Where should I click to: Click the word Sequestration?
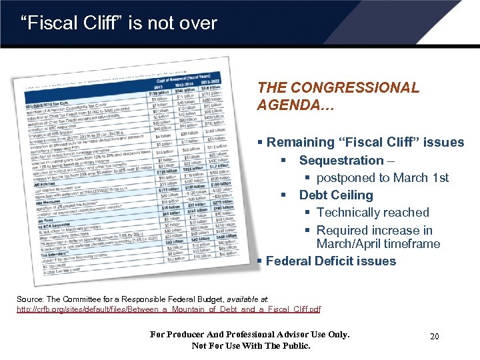(341, 161)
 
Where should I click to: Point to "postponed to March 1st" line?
(382, 178)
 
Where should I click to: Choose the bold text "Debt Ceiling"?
(335, 195)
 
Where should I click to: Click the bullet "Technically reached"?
(373, 213)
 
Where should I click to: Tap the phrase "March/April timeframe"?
(378, 244)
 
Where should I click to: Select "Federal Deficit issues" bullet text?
(331, 261)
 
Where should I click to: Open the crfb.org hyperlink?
(168, 309)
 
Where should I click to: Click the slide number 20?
(434, 337)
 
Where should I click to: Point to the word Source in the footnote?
(29, 300)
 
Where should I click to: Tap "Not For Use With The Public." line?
(251, 345)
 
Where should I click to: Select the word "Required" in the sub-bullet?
(341, 231)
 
